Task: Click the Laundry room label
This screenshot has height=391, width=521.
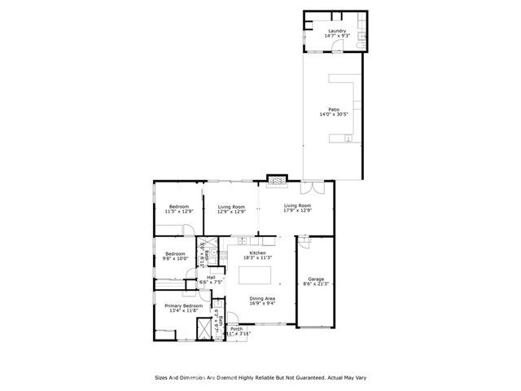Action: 337,32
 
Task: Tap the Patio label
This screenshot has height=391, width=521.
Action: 334,109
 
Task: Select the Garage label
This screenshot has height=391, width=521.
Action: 316,279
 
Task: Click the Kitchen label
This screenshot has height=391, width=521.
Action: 258,253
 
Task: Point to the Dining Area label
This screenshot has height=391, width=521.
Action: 261,298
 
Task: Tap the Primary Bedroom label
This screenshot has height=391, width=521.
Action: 184,305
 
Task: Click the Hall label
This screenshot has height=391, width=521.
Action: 211,278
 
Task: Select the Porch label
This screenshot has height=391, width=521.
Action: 236,329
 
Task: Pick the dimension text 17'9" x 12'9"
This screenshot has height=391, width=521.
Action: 298,211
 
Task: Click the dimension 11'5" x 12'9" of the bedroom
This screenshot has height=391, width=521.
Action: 179,212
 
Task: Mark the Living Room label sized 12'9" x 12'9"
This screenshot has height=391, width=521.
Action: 231,207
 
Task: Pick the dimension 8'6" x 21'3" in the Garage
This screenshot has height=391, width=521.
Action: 316,284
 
